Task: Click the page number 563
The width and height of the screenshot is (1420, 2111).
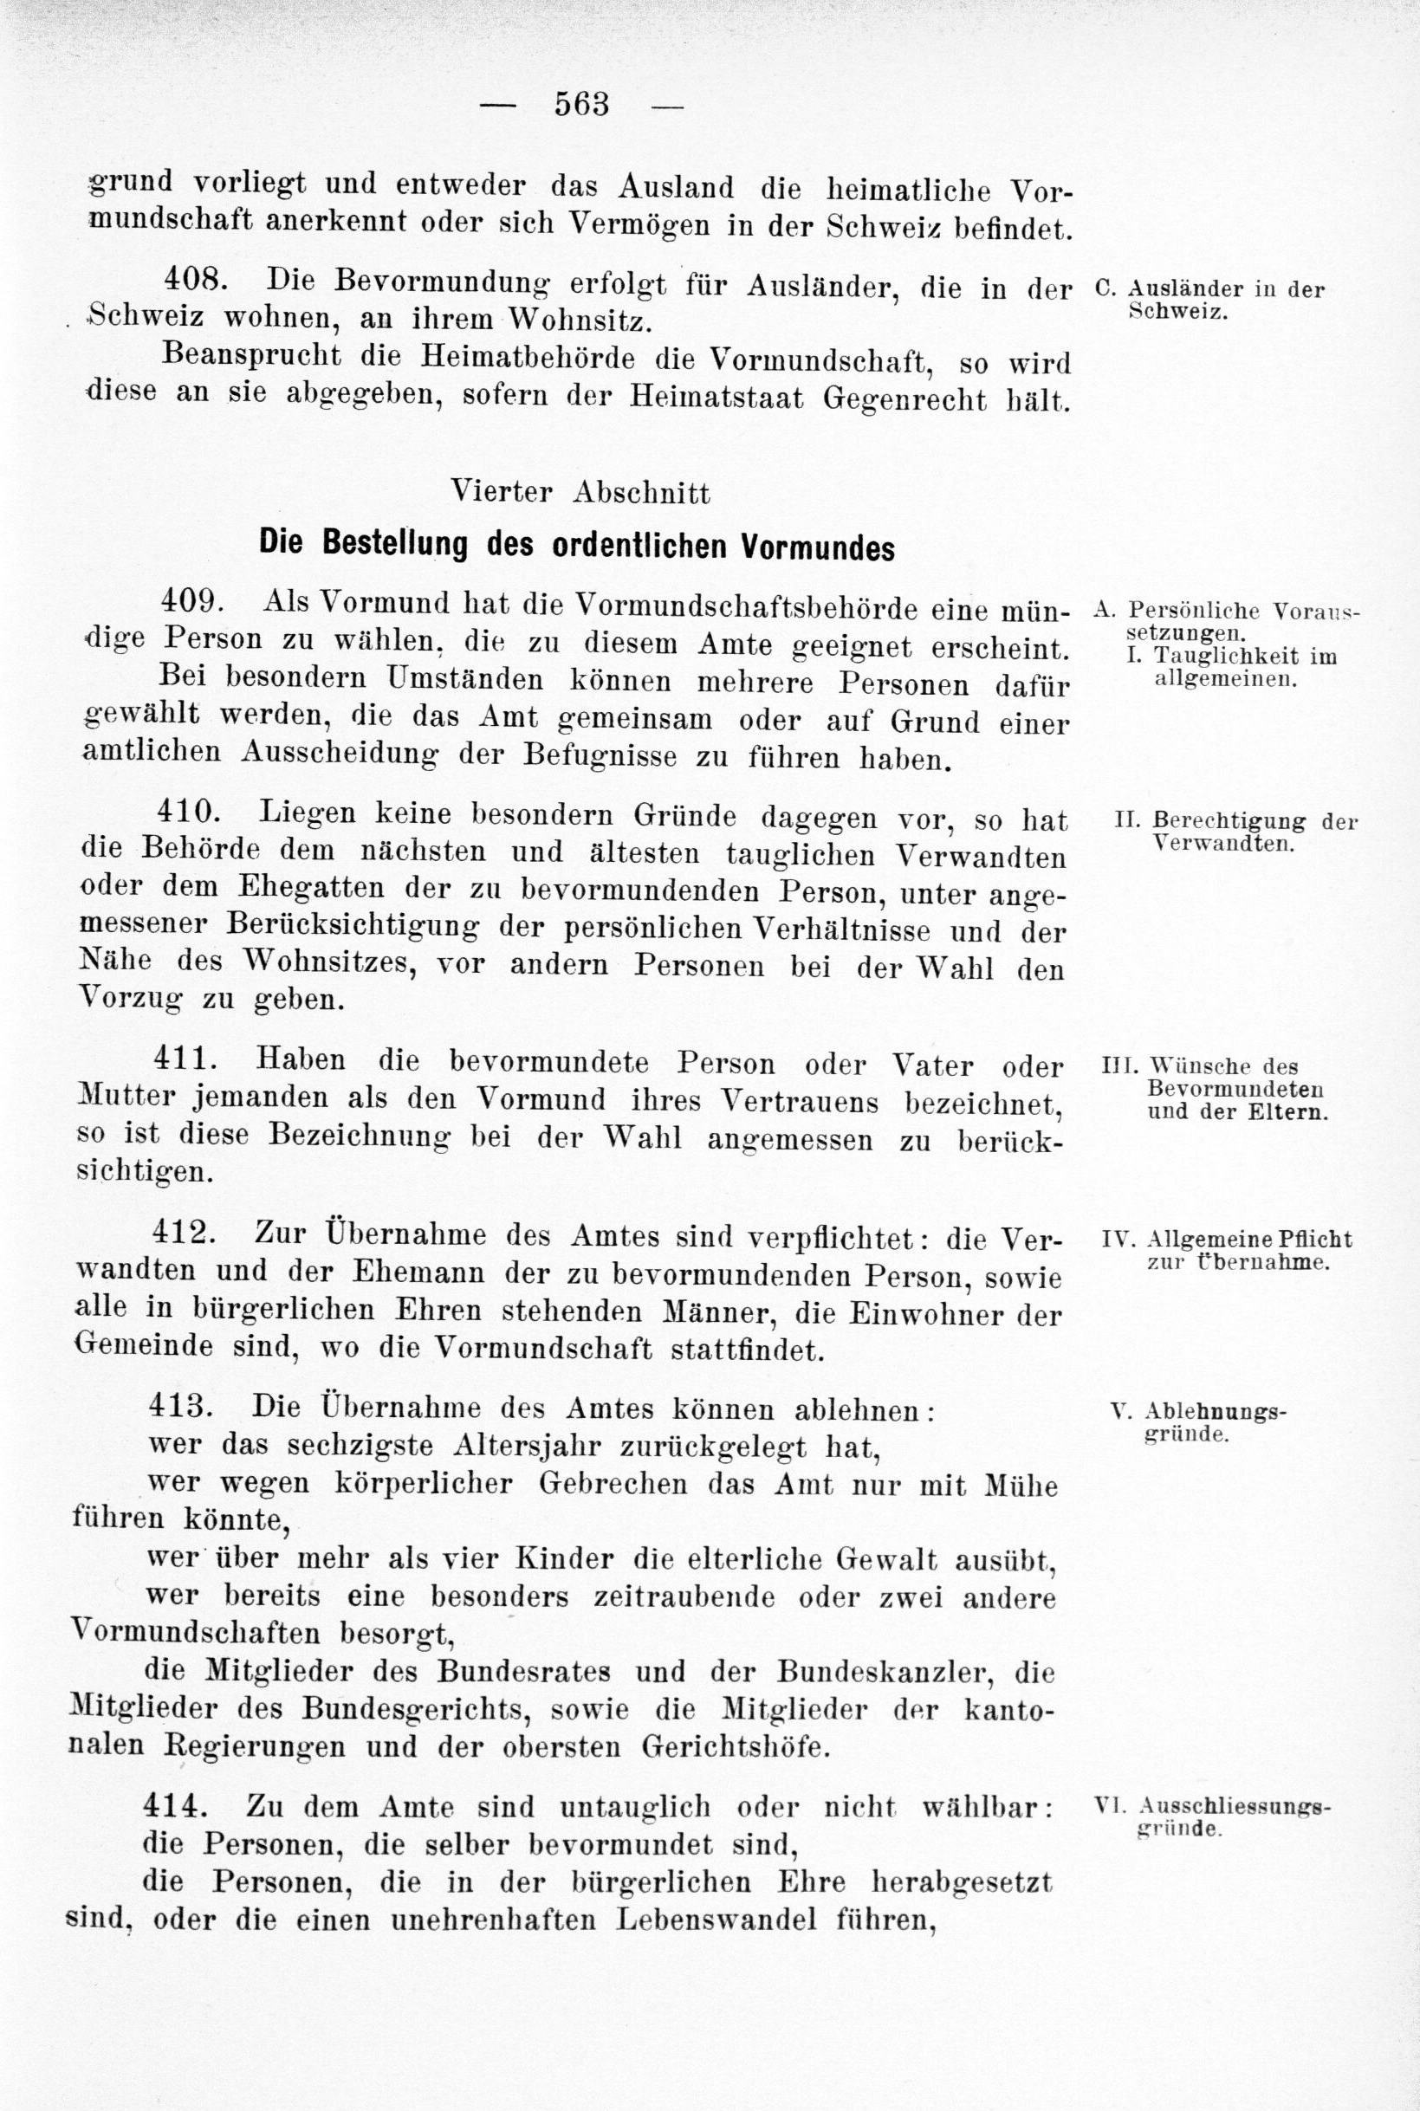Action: pyautogui.click(x=581, y=105)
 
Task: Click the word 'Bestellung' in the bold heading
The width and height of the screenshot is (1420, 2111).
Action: pyautogui.click(x=401, y=545)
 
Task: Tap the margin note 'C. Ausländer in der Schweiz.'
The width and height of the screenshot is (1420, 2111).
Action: pyautogui.click(x=1209, y=301)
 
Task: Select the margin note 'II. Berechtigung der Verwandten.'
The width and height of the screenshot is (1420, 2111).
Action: pyautogui.click(x=1236, y=832)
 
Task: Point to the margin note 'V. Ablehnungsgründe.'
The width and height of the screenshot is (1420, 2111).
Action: pyautogui.click(x=1197, y=1421)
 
